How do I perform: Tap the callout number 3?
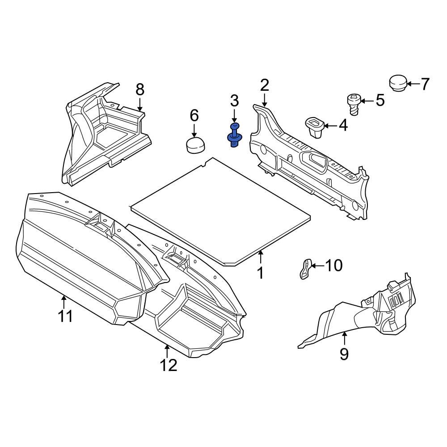pyautogui.click(x=235, y=101)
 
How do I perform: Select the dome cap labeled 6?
pyautogui.click(x=194, y=145)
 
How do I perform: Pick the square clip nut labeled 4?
pyautogui.click(x=314, y=127)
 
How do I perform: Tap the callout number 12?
pyautogui.click(x=169, y=365)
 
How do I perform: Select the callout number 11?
pyautogui.click(x=65, y=316)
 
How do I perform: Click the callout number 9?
pyautogui.click(x=344, y=354)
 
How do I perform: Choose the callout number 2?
pyautogui.click(x=265, y=85)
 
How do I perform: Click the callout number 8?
pyautogui.click(x=140, y=90)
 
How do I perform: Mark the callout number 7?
pyautogui.click(x=425, y=84)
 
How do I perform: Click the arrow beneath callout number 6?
pyautogui.click(x=194, y=131)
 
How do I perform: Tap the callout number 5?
pyautogui.click(x=380, y=101)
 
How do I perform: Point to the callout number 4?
pyautogui.click(x=343, y=126)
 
